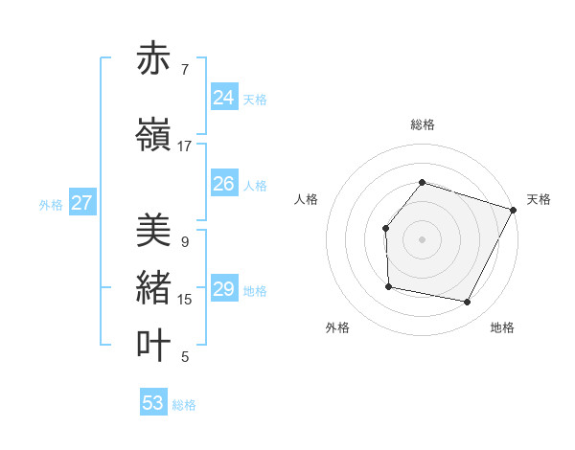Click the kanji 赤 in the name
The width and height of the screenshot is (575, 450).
pos(153,58)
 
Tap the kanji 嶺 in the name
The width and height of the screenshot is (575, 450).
pos(153,135)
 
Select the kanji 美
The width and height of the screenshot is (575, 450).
pos(153,231)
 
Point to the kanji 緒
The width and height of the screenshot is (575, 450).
pos(153,288)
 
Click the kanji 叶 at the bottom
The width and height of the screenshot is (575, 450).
pos(153,346)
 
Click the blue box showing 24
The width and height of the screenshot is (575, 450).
pos(224,97)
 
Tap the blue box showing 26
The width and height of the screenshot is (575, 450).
pos(224,184)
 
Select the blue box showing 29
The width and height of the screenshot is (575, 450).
pos(224,289)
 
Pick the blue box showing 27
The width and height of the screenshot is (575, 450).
pos(82,203)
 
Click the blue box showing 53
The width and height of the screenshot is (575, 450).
pos(153,403)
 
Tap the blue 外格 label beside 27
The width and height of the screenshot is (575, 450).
pos(51,204)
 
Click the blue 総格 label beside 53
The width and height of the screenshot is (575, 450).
pos(184,405)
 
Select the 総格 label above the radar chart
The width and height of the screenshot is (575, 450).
pos(422,124)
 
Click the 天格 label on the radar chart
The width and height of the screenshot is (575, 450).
pos(539,199)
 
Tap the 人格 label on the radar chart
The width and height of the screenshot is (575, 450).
pos(307,199)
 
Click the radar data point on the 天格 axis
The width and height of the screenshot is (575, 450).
pos(514,209)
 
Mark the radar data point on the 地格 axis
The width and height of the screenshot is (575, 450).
pos(467,302)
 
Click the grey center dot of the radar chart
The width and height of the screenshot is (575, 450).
pos(422,238)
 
